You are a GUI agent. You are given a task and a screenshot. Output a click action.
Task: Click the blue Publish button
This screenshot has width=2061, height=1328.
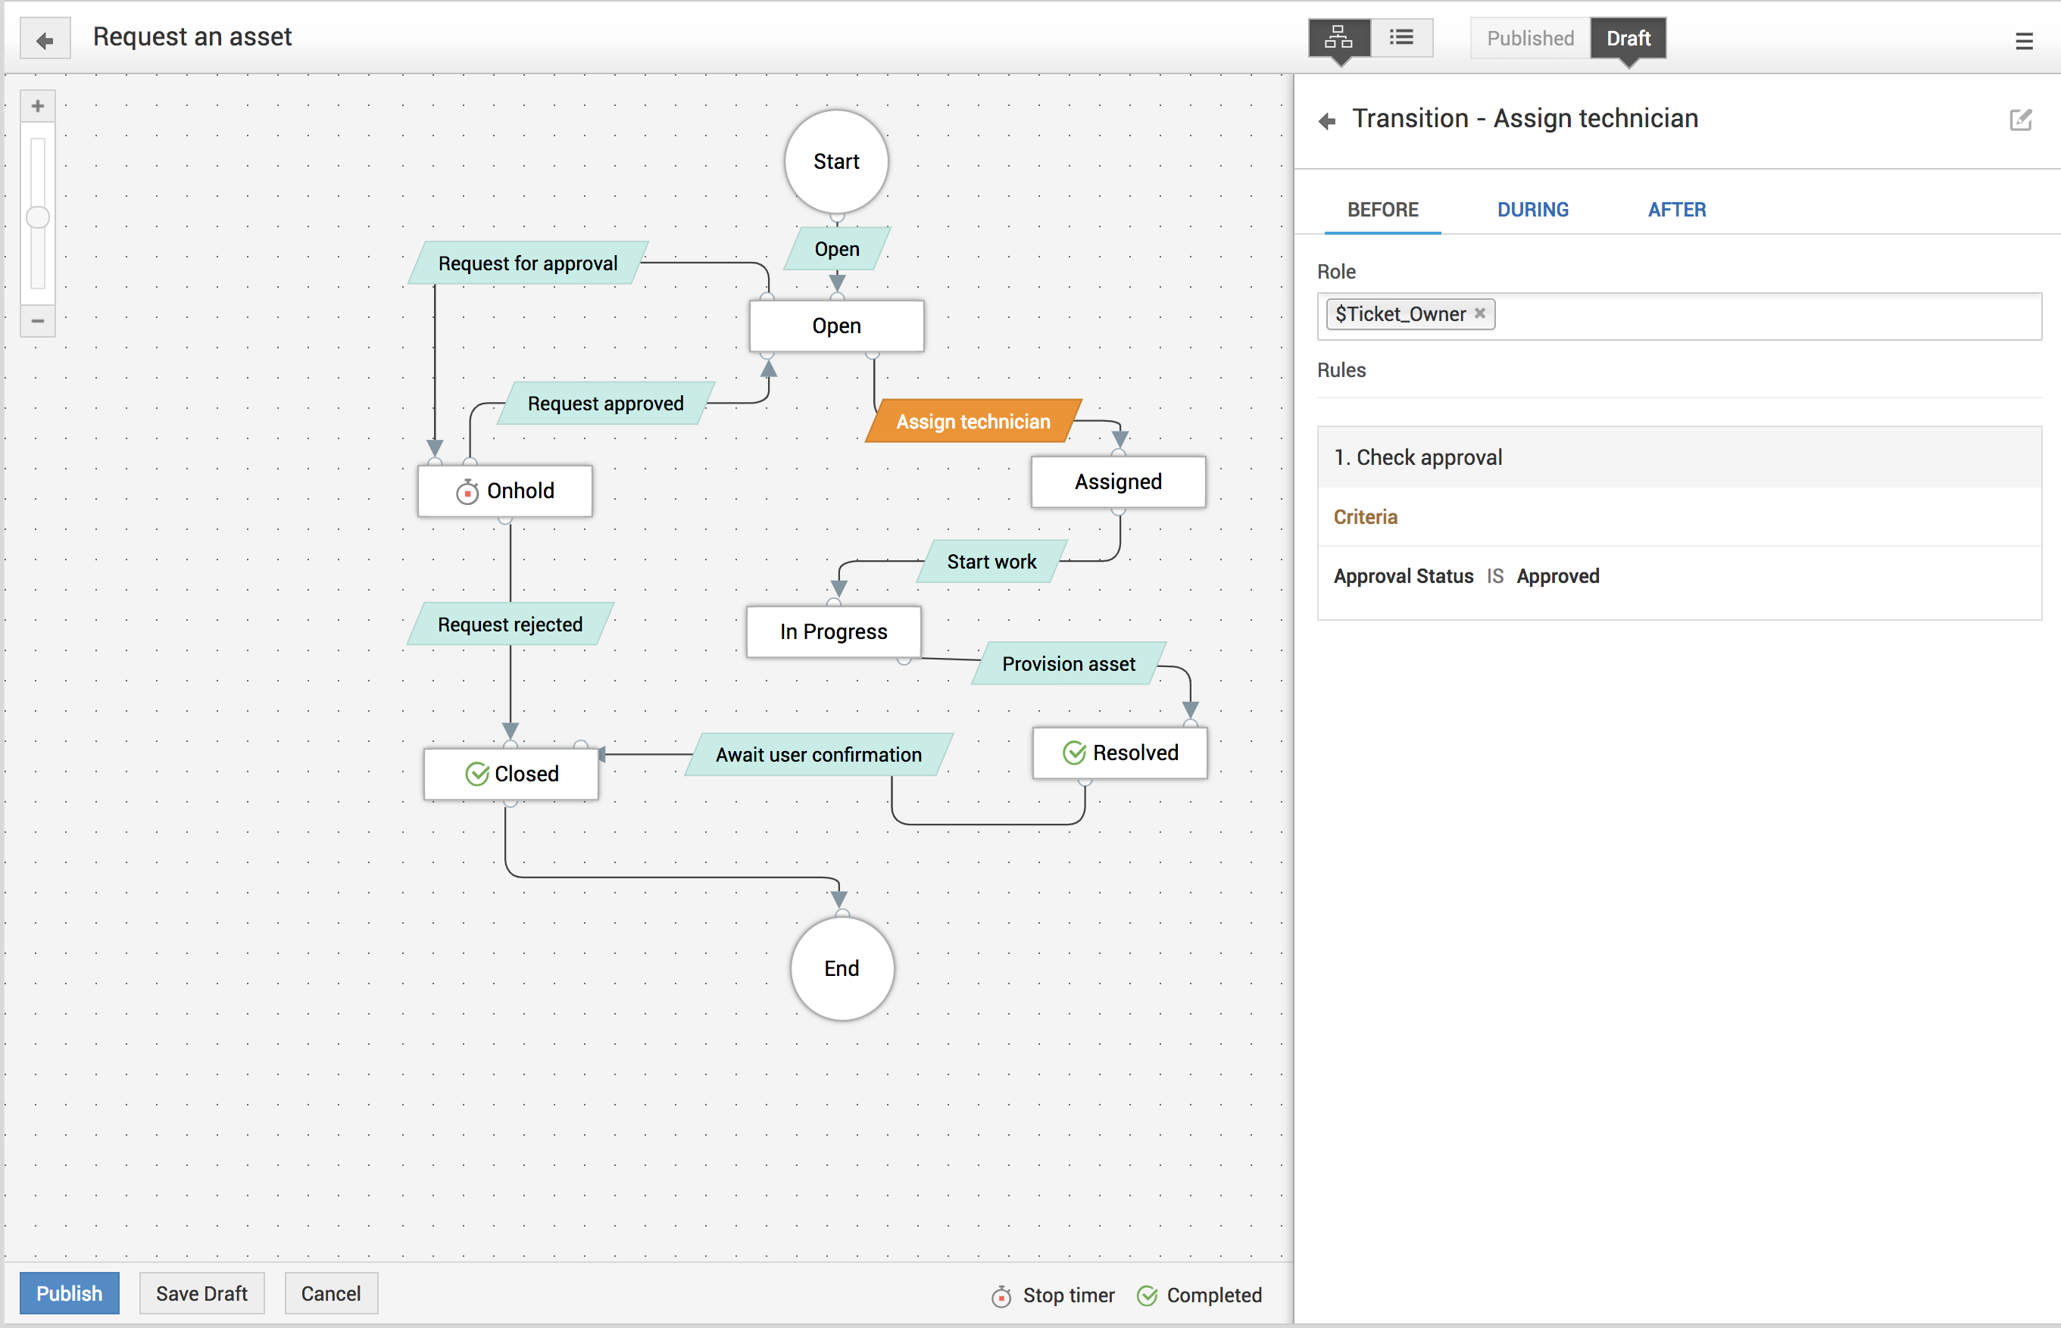click(x=69, y=1293)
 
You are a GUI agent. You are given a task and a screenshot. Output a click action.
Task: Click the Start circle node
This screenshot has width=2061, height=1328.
click(x=836, y=161)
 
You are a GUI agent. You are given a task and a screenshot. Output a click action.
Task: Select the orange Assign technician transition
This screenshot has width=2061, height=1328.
click(x=973, y=422)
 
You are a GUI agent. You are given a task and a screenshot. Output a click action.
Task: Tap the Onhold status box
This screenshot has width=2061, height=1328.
click(x=505, y=491)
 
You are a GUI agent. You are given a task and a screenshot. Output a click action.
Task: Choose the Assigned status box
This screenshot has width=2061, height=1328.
click(x=1118, y=482)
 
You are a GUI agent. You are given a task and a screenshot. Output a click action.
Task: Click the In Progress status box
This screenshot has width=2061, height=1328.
click(x=833, y=632)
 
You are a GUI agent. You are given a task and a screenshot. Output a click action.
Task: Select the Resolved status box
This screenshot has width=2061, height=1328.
click(x=1119, y=753)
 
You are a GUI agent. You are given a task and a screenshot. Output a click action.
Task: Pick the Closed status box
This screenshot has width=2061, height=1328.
click(x=511, y=774)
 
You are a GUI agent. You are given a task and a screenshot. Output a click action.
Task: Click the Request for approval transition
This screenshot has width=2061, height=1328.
click(x=528, y=263)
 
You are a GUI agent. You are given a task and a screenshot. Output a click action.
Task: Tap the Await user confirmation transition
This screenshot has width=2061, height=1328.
click(x=818, y=755)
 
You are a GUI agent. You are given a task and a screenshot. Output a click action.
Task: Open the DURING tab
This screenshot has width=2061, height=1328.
click(x=1532, y=210)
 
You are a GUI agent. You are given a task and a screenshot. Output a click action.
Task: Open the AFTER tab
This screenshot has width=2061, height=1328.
click(x=1676, y=210)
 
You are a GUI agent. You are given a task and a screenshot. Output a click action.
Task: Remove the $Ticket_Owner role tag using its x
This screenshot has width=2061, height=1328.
click(x=1479, y=313)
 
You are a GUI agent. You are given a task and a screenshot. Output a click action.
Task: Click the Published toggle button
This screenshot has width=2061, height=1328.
click(x=1529, y=38)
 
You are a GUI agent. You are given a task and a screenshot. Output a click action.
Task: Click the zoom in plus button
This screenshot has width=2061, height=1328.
click(x=38, y=106)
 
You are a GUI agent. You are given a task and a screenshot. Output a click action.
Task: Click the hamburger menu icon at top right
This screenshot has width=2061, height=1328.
click(x=2024, y=42)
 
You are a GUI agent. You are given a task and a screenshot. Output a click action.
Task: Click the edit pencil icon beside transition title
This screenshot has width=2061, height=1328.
click(x=2020, y=120)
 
